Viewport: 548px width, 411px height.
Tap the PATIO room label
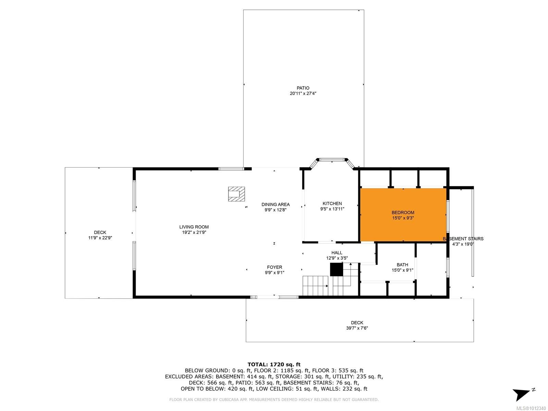[303, 88]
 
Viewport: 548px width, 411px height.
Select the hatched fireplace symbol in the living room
[237, 194]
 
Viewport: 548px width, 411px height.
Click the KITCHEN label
[332, 203]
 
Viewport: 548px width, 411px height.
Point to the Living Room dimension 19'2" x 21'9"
[194, 232]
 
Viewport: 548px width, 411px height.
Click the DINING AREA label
[275, 204]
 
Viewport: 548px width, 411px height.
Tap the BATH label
[402, 265]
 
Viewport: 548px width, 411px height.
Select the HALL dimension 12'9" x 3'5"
[337, 258]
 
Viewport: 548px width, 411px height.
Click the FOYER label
[274, 267]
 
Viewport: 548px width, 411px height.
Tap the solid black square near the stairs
[336, 270]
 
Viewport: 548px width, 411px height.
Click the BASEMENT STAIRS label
[463, 239]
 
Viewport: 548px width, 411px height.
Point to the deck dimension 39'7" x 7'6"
[357, 328]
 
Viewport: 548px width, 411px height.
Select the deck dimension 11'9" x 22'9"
[100, 238]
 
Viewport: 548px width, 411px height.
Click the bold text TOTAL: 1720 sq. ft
[274, 364]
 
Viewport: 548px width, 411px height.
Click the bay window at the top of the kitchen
[332, 160]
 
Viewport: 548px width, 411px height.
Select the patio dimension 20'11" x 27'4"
[303, 94]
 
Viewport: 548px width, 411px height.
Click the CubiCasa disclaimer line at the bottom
[274, 399]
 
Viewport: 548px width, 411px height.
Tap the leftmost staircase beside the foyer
[315, 286]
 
